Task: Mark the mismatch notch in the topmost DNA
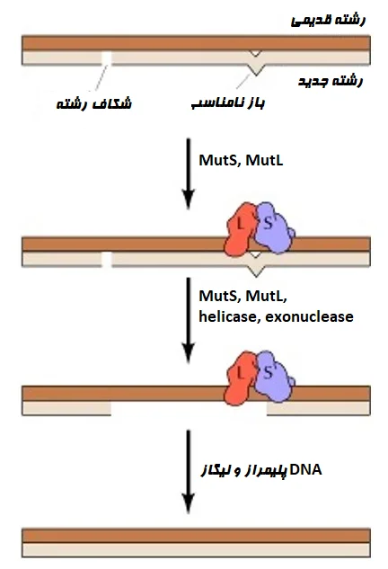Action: [x=257, y=58]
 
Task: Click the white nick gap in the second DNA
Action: [x=107, y=260]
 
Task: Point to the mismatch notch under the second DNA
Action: [x=257, y=267]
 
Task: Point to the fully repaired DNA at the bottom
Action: [x=195, y=541]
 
